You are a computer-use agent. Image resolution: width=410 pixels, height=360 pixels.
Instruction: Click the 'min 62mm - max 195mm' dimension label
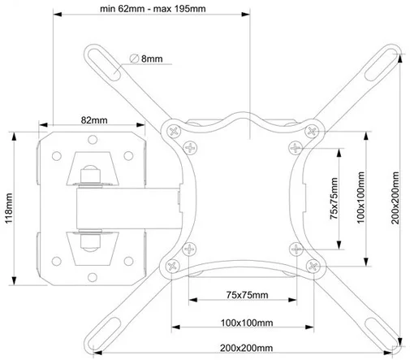[x=153, y=9]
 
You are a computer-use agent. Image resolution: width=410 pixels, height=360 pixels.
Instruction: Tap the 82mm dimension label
[x=94, y=120]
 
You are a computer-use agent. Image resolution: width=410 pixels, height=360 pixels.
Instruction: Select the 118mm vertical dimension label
[x=9, y=208]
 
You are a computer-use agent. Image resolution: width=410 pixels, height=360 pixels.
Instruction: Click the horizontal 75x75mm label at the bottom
[x=247, y=295]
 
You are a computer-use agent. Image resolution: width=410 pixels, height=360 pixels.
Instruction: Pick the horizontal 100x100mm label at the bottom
[x=247, y=323]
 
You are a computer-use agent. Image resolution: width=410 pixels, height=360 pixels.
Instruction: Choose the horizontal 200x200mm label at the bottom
[x=246, y=348]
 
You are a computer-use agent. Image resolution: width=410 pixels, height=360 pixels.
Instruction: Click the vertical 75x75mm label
[x=334, y=198]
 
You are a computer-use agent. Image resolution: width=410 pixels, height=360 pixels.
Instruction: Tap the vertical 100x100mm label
[x=360, y=197]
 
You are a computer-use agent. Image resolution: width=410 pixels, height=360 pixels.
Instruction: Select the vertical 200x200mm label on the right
[x=395, y=198]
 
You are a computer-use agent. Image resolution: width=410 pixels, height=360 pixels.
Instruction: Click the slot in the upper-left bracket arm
[x=104, y=62]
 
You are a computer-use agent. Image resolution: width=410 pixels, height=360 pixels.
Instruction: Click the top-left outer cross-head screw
[x=174, y=132]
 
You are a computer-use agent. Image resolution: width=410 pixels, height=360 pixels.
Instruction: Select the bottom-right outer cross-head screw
[x=313, y=267]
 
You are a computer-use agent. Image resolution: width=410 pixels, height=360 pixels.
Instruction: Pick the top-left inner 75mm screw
[x=190, y=148]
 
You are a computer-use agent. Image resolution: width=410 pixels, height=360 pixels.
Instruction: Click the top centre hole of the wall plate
[x=93, y=140]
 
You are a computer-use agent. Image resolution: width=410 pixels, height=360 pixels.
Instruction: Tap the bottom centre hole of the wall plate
[x=93, y=277]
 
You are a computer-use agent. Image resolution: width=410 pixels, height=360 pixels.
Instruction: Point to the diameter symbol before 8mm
[x=134, y=59]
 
